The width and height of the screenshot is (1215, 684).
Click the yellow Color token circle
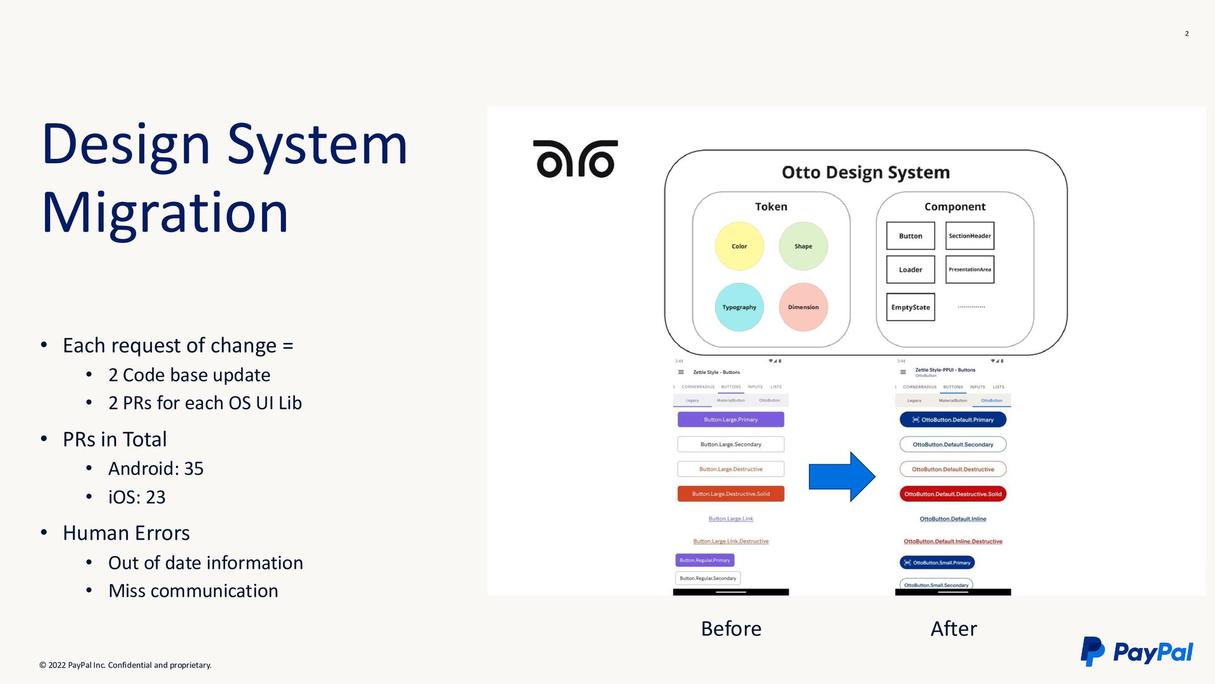click(739, 246)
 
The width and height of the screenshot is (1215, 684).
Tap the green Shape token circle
click(803, 246)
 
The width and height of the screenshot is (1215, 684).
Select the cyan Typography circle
click(739, 307)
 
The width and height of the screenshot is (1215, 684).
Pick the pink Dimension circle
click(803, 307)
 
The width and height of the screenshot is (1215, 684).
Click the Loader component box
click(910, 270)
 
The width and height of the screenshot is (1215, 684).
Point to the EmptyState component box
click(910, 307)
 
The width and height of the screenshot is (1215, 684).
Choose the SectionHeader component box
click(969, 236)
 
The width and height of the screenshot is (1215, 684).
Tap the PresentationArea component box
click(969, 270)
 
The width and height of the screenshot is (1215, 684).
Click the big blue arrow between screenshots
click(842, 477)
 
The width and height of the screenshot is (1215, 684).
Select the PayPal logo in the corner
click(1137, 652)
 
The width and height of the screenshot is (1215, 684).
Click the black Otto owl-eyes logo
click(575, 159)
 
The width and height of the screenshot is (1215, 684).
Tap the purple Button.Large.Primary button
click(730, 420)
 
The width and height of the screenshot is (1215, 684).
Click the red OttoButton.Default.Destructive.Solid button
click(952, 494)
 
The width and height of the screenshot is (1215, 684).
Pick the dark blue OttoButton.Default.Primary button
click(952, 420)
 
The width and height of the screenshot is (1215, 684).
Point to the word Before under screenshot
click(731, 628)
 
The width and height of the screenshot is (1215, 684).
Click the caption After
click(953, 628)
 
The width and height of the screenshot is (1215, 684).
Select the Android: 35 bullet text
click(156, 468)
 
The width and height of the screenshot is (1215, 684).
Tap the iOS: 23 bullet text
click(137, 497)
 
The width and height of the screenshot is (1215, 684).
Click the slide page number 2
click(1187, 34)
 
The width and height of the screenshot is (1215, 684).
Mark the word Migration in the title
click(165, 213)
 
